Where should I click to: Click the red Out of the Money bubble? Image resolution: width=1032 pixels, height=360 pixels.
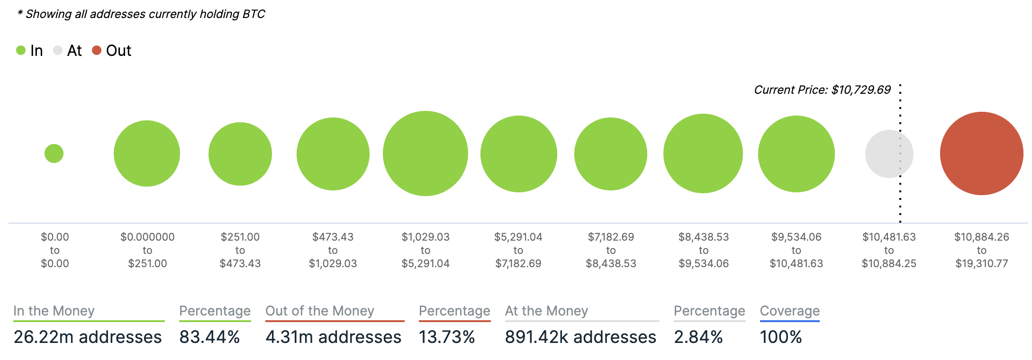tap(981, 153)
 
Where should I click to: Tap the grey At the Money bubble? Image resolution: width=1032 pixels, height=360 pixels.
tap(889, 154)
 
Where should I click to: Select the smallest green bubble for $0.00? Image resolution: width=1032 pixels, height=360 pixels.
tap(54, 153)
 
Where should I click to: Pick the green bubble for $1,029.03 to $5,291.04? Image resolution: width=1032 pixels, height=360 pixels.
tap(425, 153)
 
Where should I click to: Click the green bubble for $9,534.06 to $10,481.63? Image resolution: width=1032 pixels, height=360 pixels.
tap(796, 154)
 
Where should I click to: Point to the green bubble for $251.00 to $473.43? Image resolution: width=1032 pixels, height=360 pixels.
tap(240, 154)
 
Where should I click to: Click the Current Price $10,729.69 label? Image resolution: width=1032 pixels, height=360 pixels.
tap(822, 90)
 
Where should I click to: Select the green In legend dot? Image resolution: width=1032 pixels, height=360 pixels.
tap(21, 50)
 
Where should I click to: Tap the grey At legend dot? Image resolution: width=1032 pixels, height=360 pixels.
tap(58, 50)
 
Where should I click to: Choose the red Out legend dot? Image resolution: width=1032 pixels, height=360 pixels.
tap(97, 50)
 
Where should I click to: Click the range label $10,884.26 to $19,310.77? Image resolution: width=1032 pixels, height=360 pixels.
tap(981, 250)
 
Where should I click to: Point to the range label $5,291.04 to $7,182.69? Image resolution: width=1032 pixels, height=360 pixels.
tap(518, 250)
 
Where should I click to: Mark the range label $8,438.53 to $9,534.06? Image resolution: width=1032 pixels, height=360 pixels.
tap(704, 250)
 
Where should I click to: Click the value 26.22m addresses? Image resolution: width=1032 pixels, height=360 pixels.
tap(88, 337)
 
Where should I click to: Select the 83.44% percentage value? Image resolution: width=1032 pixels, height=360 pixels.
tap(209, 337)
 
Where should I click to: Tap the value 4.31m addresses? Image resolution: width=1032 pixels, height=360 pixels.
tap(333, 337)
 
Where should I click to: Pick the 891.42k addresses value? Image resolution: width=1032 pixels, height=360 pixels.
tap(580, 337)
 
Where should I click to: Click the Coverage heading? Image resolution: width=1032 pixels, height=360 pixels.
tap(789, 311)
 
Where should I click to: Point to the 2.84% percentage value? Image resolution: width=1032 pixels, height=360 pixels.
tap(698, 337)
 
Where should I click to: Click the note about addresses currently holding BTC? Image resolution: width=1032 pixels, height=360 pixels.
tap(141, 14)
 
